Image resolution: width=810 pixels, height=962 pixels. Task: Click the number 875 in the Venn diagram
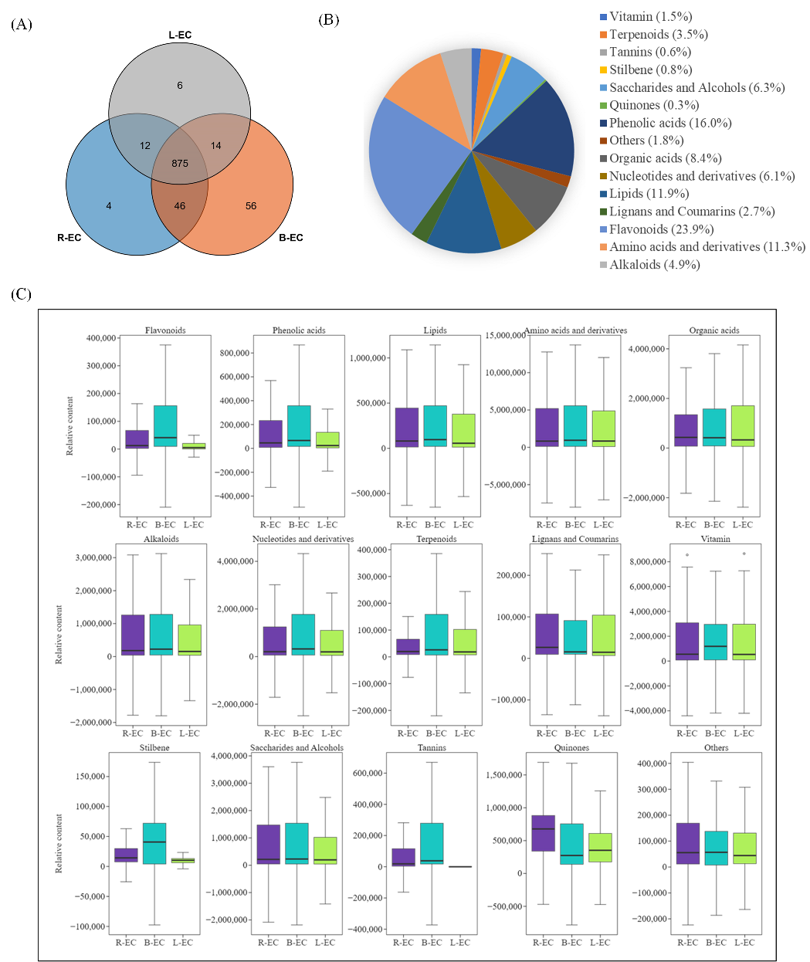[x=180, y=163]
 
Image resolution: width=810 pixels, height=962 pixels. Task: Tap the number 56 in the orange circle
[x=251, y=206]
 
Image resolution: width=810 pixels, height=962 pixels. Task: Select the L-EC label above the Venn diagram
[x=180, y=36]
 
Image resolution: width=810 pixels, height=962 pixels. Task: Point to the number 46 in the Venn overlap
[x=180, y=206]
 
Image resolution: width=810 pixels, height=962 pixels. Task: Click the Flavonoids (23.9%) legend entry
[x=661, y=229]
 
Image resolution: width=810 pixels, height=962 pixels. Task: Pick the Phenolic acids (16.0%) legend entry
[x=670, y=123]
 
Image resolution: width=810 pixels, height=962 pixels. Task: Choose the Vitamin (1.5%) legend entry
[x=650, y=16]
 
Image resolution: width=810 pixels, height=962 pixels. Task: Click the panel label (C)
[x=21, y=294]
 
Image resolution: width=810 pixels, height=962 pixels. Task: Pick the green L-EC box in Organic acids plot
[x=743, y=426]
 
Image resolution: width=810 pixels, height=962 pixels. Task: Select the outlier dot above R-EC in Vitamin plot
[x=686, y=554]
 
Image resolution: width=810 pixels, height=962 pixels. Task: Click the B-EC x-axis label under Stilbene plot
[x=154, y=942]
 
